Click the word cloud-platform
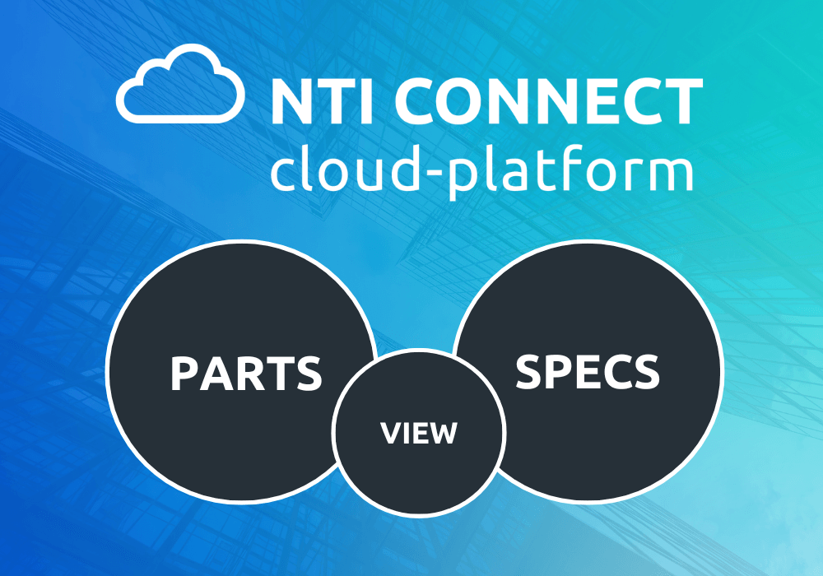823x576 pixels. [x=481, y=169]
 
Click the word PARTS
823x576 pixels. [x=246, y=373]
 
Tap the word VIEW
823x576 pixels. [x=419, y=434]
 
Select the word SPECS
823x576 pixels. [x=588, y=371]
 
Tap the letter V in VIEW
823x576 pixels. [x=391, y=434]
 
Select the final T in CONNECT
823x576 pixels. [x=685, y=101]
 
